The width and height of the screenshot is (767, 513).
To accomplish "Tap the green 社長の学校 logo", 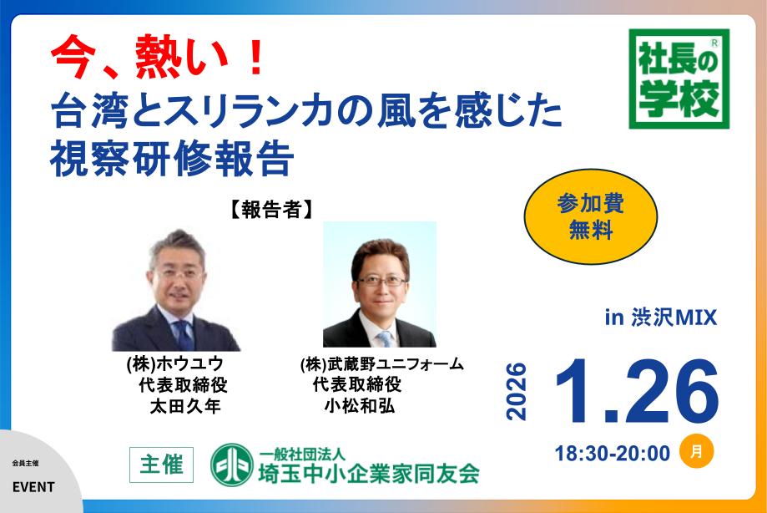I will (x=679, y=80).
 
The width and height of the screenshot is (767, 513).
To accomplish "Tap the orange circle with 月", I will (x=696, y=451).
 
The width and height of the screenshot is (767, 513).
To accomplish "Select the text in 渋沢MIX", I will (x=661, y=318).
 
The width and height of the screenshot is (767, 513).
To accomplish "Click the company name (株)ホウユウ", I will (x=174, y=364).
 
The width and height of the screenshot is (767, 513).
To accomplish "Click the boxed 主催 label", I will (x=162, y=465).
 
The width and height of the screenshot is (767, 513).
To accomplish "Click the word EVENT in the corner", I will (x=33, y=487).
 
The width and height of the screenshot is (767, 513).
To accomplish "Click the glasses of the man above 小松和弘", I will (x=380, y=281).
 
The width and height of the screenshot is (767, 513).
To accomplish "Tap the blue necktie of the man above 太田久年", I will (x=183, y=333).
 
